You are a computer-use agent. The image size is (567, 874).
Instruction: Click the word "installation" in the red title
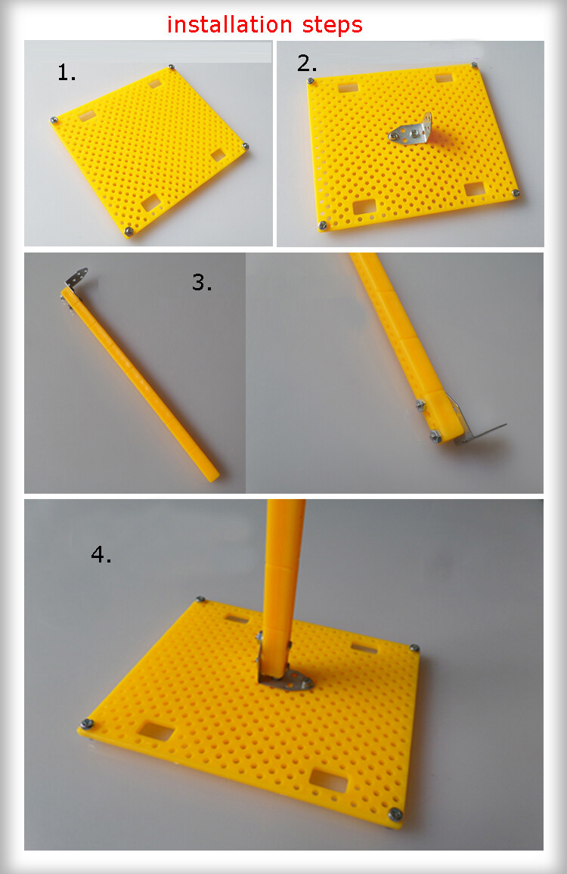click(x=229, y=24)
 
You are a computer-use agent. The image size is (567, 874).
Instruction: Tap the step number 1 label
click(x=67, y=73)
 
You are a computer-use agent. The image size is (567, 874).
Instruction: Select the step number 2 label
click(x=307, y=63)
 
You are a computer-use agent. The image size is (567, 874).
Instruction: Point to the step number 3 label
click(x=201, y=282)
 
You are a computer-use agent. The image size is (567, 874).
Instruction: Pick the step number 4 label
click(x=101, y=554)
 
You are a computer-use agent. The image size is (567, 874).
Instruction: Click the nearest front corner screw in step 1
click(x=129, y=231)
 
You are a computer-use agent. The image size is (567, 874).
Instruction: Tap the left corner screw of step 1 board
click(x=54, y=120)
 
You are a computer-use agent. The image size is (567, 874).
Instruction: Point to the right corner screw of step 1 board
click(x=245, y=146)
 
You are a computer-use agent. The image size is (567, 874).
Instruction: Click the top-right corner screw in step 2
click(x=475, y=66)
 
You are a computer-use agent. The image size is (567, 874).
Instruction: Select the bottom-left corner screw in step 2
click(x=322, y=225)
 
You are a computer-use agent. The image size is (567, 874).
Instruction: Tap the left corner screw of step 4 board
click(x=86, y=724)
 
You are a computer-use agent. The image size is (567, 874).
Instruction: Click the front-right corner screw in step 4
click(x=395, y=814)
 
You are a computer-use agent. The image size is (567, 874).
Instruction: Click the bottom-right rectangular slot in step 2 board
click(x=475, y=190)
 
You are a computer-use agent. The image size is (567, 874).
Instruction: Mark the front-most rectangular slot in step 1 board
click(x=151, y=203)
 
